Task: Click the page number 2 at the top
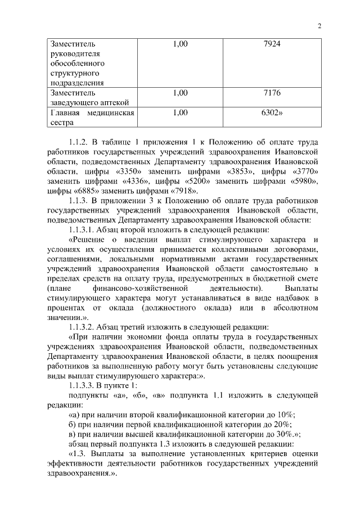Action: [x=319, y=26]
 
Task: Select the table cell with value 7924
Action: [x=272, y=44]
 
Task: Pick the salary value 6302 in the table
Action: [x=272, y=112]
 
